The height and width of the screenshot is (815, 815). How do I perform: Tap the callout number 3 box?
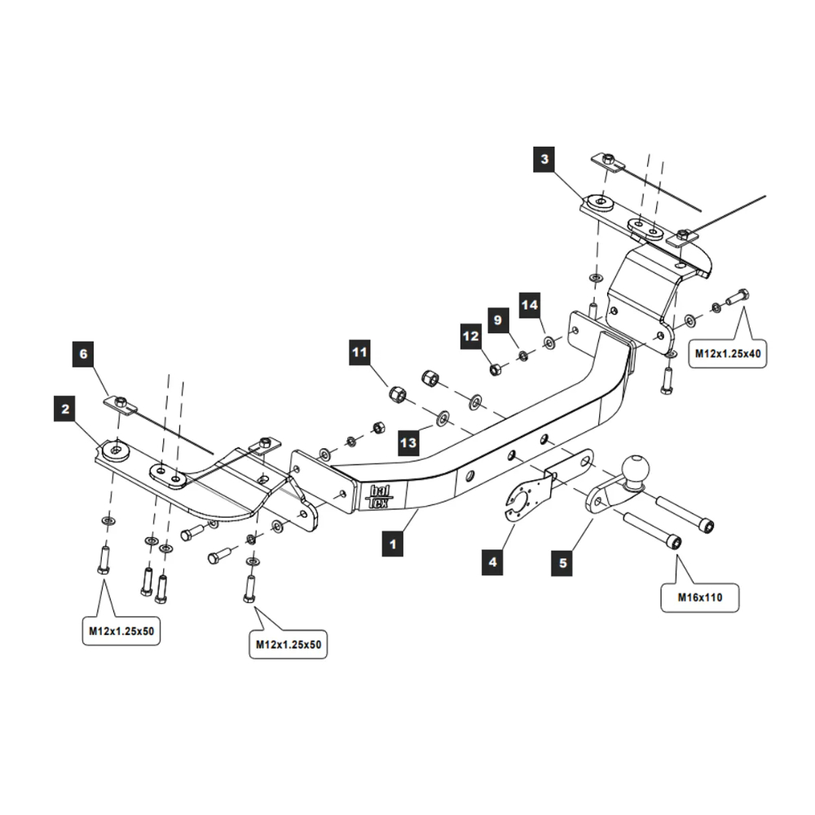pos(545,159)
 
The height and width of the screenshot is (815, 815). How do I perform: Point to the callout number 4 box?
pos(492,561)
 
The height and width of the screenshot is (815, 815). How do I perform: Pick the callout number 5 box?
pos(563,561)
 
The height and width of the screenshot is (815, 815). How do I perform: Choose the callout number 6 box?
pos(82,354)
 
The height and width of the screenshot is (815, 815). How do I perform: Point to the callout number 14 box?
pos(530,305)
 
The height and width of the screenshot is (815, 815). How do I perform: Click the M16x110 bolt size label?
pos(700,597)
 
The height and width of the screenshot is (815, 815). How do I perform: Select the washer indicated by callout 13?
pos(441,418)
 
